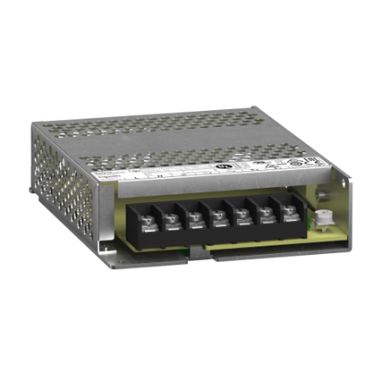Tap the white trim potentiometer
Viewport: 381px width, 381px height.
tap(323, 219)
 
